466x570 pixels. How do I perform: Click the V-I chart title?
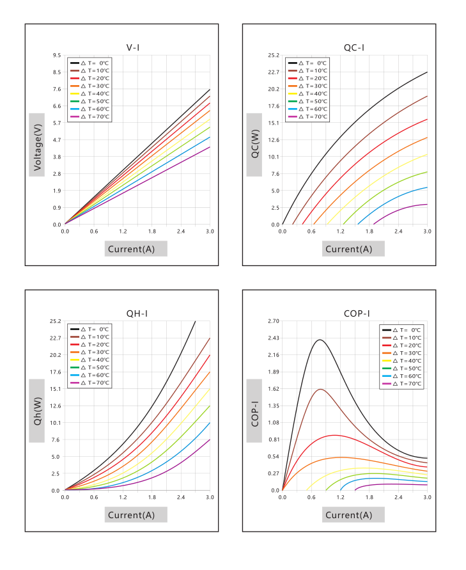click(133, 47)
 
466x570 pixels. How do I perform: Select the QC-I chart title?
click(353, 47)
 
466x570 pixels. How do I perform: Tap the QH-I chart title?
click(137, 313)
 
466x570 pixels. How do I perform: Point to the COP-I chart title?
click(357, 313)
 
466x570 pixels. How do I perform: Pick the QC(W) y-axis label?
click(254, 144)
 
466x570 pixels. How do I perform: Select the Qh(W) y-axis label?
click(37, 411)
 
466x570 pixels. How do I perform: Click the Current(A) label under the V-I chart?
click(132, 249)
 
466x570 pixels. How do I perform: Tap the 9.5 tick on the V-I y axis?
click(57, 55)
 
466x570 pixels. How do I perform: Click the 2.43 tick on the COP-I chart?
click(274, 338)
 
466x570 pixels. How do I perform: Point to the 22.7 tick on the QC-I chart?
click(274, 72)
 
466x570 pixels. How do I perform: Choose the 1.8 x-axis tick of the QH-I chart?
click(152, 497)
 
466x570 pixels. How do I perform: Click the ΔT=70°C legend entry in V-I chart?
click(89, 116)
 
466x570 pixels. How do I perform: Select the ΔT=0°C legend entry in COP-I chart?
click(401, 330)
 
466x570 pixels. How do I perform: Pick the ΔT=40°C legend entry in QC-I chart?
click(307, 94)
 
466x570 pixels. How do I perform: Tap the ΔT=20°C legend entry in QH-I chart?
click(89, 345)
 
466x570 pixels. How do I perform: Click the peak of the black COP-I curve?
click(320, 340)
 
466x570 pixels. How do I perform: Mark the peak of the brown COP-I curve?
click(321, 390)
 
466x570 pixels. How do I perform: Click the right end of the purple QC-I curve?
click(427, 204)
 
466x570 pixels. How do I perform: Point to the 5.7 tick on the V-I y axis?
click(57, 123)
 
